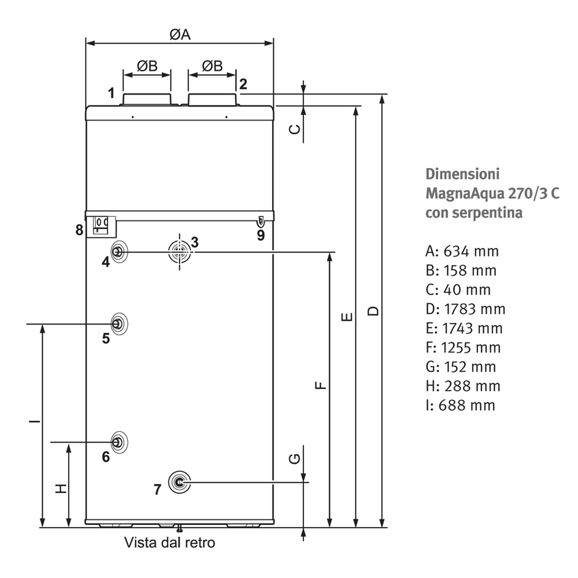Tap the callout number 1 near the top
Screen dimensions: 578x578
(x=111, y=91)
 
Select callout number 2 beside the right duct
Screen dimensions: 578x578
(x=243, y=84)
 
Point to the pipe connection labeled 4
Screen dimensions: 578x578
(x=118, y=252)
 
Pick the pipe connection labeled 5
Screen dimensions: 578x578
(x=118, y=323)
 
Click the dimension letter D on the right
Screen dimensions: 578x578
(x=373, y=311)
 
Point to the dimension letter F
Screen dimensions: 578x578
(x=321, y=386)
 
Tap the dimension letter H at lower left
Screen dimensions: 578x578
(x=60, y=488)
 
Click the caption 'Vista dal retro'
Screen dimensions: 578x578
(x=169, y=543)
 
